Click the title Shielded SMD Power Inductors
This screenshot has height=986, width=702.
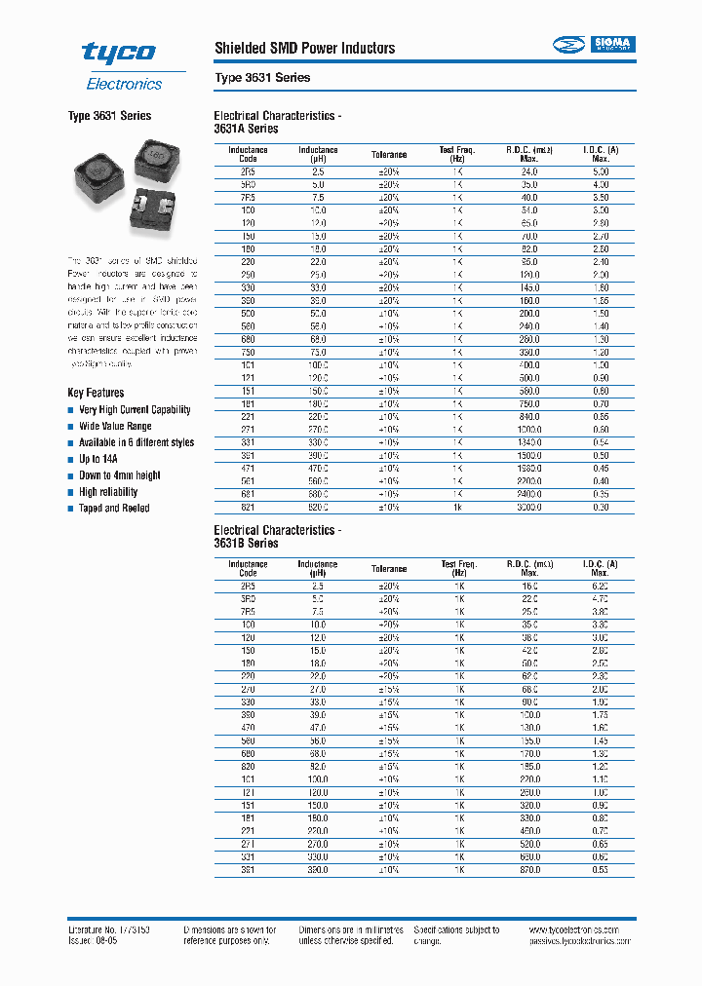pos(304,48)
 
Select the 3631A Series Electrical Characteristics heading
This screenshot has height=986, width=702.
pos(277,122)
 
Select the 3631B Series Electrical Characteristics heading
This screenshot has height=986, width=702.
pos(277,537)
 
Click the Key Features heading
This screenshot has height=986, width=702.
pos(96,393)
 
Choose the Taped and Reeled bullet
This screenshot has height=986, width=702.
pos(114,509)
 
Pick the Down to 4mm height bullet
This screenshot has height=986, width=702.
pos(120,475)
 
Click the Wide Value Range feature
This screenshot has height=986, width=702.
pos(115,426)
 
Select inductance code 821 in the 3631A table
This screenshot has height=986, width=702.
pos(248,507)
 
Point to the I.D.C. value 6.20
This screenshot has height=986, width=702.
pos(600,586)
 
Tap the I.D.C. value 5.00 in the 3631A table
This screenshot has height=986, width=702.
pos(600,171)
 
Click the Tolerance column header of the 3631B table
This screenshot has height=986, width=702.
pos(389,569)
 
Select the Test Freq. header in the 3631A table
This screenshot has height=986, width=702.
pos(456,154)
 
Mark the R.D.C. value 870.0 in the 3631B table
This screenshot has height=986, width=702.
pos(528,869)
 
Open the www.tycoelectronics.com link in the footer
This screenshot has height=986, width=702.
pos(580,930)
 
